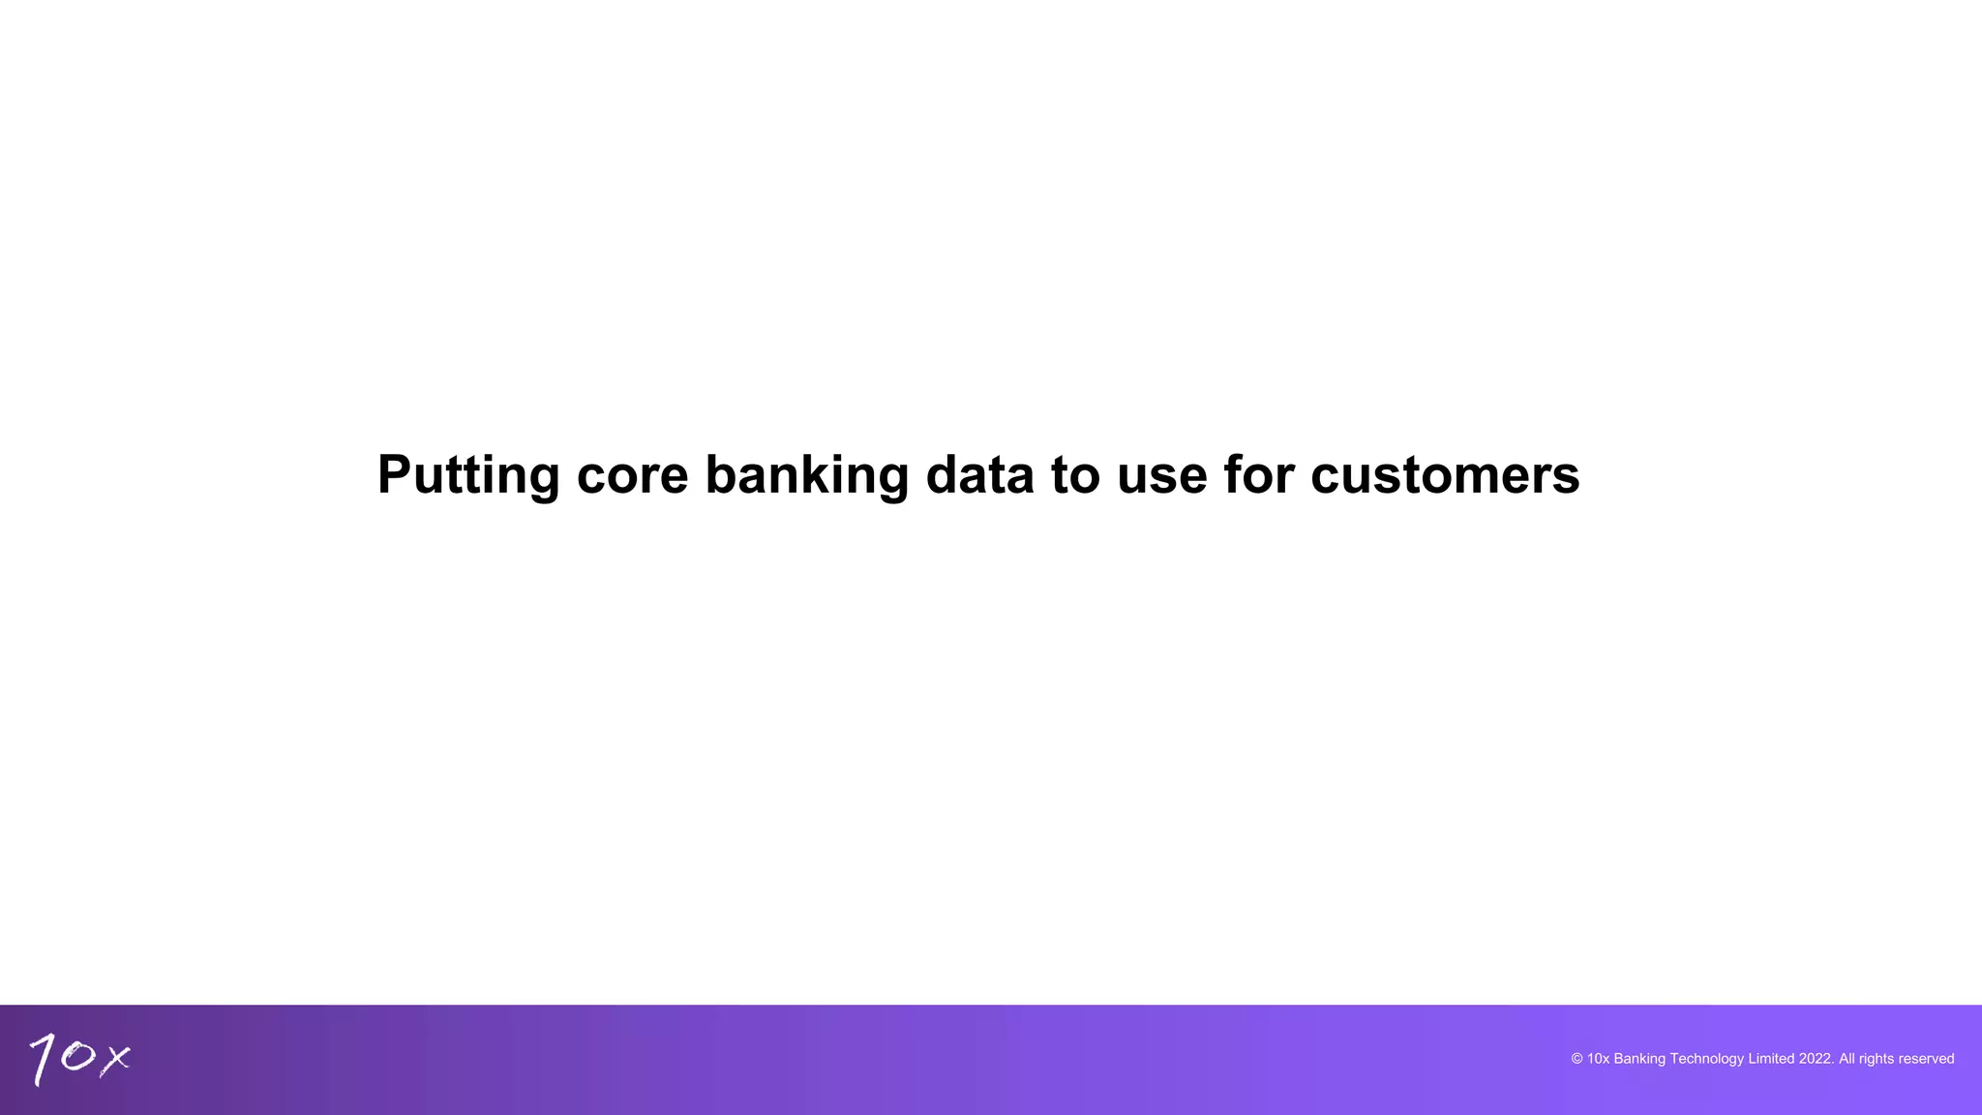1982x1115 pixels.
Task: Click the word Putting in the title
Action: pyautogui.click(x=467, y=475)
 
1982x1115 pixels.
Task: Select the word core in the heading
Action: pyautogui.click(x=632, y=475)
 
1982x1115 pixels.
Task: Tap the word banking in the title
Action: pyautogui.click(x=806, y=475)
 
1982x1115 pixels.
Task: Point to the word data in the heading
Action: pyautogui.click(x=979, y=475)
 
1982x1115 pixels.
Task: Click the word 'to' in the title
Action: pyautogui.click(x=1075, y=475)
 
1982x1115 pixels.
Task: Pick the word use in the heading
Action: pyautogui.click(x=1161, y=475)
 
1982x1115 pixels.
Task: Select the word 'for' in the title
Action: pyautogui.click(x=1258, y=475)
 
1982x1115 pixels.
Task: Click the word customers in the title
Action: pyautogui.click(x=1445, y=475)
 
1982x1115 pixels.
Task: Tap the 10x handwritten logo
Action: pyautogui.click(x=79, y=1058)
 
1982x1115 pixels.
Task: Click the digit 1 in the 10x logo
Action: pyautogui.click(x=43, y=1060)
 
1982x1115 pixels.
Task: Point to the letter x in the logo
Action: pyautogui.click(x=115, y=1059)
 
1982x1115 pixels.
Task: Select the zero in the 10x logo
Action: pyautogui.click(x=77, y=1056)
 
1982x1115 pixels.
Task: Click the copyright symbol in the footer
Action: pyautogui.click(x=1577, y=1059)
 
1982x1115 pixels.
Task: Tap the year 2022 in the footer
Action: pyautogui.click(x=1816, y=1059)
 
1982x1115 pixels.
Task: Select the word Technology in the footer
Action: pyautogui.click(x=1706, y=1059)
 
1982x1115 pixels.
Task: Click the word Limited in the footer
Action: pyautogui.click(x=1771, y=1059)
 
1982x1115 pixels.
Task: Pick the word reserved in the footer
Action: pyautogui.click(x=1926, y=1059)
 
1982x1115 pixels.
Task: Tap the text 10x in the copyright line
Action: pyautogui.click(x=1598, y=1059)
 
